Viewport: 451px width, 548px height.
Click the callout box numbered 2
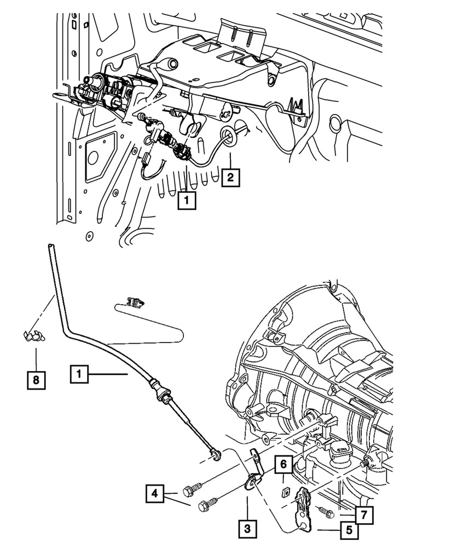pyautogui.click(x=230, y=177)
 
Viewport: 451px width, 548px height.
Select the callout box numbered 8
pyautogui.click(x=36, y=379)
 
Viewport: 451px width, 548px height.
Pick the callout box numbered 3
pyautogui.click(x=247, y=529)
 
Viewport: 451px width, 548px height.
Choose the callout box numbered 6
pyautogui.click(x=284, y=465)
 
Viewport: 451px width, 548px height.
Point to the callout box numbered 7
pyautogui.click(x=362, y=515)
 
